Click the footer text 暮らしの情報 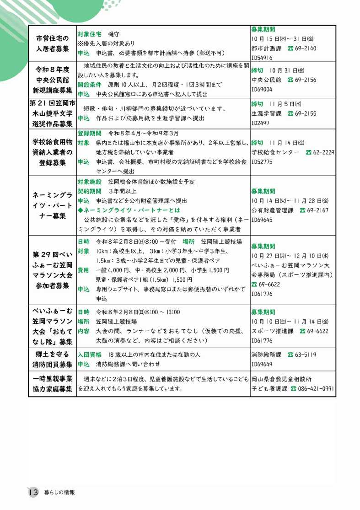59,493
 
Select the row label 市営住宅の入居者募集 53,43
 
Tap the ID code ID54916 262,58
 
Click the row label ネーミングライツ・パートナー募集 53,205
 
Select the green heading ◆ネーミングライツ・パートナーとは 129,210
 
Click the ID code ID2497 260,123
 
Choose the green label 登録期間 89,133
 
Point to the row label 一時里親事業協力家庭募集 53,384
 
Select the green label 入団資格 89,354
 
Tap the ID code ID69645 262,220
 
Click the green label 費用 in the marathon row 83,270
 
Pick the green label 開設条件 89,85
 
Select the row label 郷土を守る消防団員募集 53,359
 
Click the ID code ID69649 262,364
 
